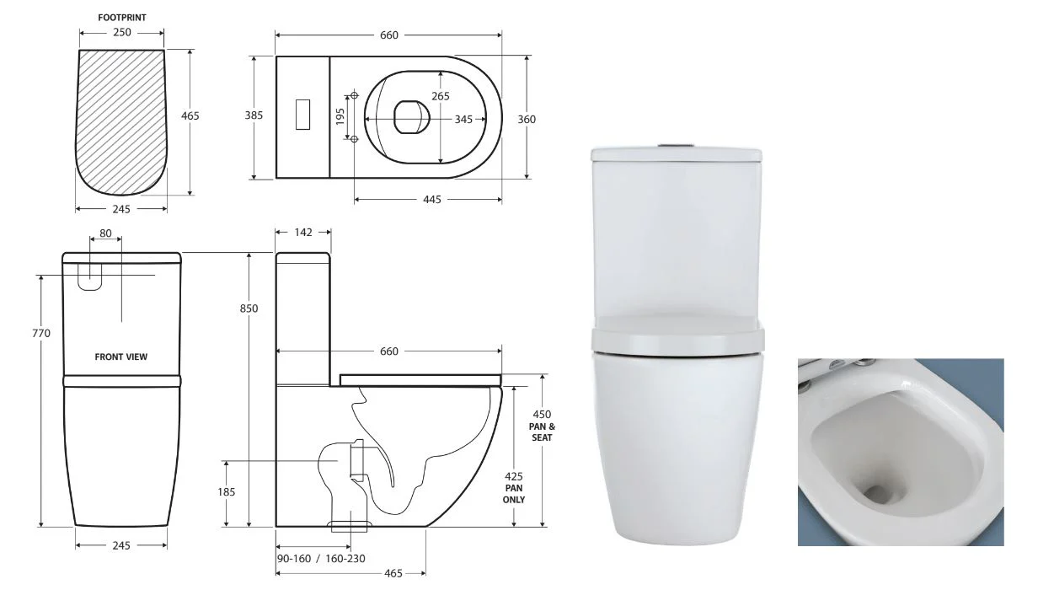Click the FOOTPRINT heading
(121, 16)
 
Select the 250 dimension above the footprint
(121, 32)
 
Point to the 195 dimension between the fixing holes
(340, 116)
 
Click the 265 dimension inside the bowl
(441, 95)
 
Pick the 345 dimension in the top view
(463, 119)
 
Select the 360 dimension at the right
(527, 119)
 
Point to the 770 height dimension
(41, 333)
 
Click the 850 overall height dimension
(249, 308)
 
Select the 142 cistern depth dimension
(303, 232)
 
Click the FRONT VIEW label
(120, 357)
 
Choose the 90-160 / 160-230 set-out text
(319, 557)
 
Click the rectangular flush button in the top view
(302, 115)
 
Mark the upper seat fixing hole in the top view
(355, 94)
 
